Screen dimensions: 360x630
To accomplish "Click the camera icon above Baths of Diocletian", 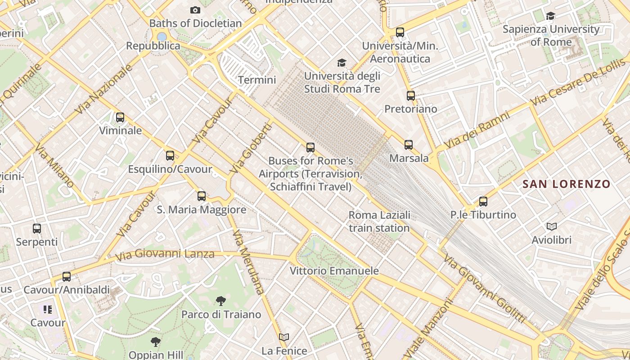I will [x=195, y=10].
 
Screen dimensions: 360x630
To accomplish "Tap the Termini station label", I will [x=256, y=80].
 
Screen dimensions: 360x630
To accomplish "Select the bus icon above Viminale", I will [x=120, y=117].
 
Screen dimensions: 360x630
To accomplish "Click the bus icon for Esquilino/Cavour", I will [x=170, y=156].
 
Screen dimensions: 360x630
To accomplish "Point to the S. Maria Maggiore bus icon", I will [x=202, y=196].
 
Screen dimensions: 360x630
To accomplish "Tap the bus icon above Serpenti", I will [x=37, y=229].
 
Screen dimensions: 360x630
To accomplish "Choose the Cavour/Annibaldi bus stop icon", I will [x=67, y=277].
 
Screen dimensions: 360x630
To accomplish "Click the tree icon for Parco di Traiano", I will [x=220, y=301].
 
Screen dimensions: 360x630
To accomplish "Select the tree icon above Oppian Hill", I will [x=155, y=342].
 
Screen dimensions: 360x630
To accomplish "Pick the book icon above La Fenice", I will [x=283, y=337].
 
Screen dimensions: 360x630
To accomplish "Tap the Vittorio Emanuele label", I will [x=334, y=271].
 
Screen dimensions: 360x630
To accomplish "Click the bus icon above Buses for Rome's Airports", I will [x=310, y=147].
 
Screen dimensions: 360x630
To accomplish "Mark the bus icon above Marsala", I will [x=409, y=145].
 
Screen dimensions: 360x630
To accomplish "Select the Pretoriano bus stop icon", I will [x=410, y=95].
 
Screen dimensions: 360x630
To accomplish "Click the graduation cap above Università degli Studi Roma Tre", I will [x=342, y=63].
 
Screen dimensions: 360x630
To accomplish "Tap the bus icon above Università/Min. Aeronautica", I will [x=400, y=32].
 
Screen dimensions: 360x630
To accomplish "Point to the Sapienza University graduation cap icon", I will [x=550, y=16].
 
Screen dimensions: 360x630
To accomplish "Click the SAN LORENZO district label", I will [x=566, y=184].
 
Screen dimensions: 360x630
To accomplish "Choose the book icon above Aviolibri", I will [x=551, y=226].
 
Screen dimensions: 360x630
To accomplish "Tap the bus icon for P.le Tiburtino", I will [x=483, y=201].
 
